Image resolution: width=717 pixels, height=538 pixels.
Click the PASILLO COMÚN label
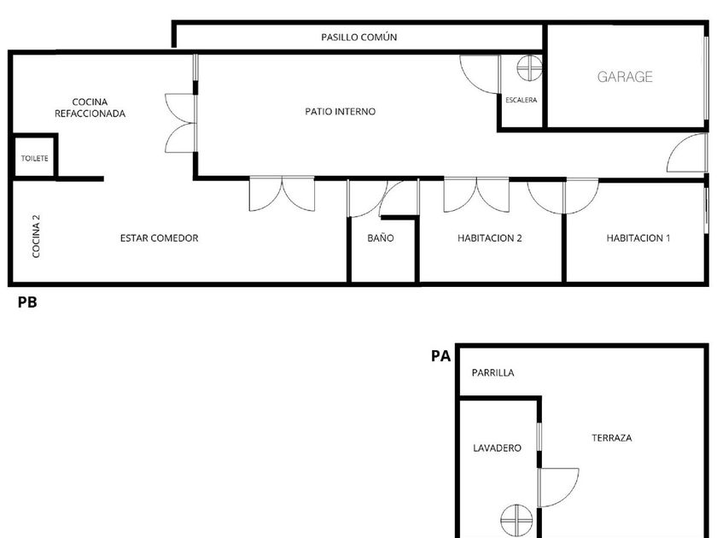point(358,37)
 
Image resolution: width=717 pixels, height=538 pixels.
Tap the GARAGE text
point(625,76)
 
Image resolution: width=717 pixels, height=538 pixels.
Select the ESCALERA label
point(522,100)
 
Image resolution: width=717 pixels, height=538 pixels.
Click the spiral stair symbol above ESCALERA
point(529,68)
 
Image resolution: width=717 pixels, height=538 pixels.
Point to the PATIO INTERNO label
point(341,111)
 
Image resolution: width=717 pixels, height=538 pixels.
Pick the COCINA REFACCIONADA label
point(90,108)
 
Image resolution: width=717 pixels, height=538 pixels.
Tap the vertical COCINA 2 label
point(36,236)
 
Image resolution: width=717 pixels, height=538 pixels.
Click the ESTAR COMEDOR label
point(159,238)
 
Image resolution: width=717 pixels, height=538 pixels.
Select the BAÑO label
point(381,238)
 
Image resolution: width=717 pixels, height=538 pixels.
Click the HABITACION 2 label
point(490,238)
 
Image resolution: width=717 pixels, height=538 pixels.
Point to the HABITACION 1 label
point(638,238)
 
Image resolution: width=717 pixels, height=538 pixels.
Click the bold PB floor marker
point(27,302)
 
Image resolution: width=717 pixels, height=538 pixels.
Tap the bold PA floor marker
point(440,356)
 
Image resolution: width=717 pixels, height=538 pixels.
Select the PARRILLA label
point(493,373)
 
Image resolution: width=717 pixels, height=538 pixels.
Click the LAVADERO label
point(497,447)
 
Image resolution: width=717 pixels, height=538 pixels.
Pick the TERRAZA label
point(612,438)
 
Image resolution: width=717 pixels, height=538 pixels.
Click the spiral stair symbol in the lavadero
point(516,520)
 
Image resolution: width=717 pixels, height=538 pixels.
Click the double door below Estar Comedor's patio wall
point(283,194)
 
